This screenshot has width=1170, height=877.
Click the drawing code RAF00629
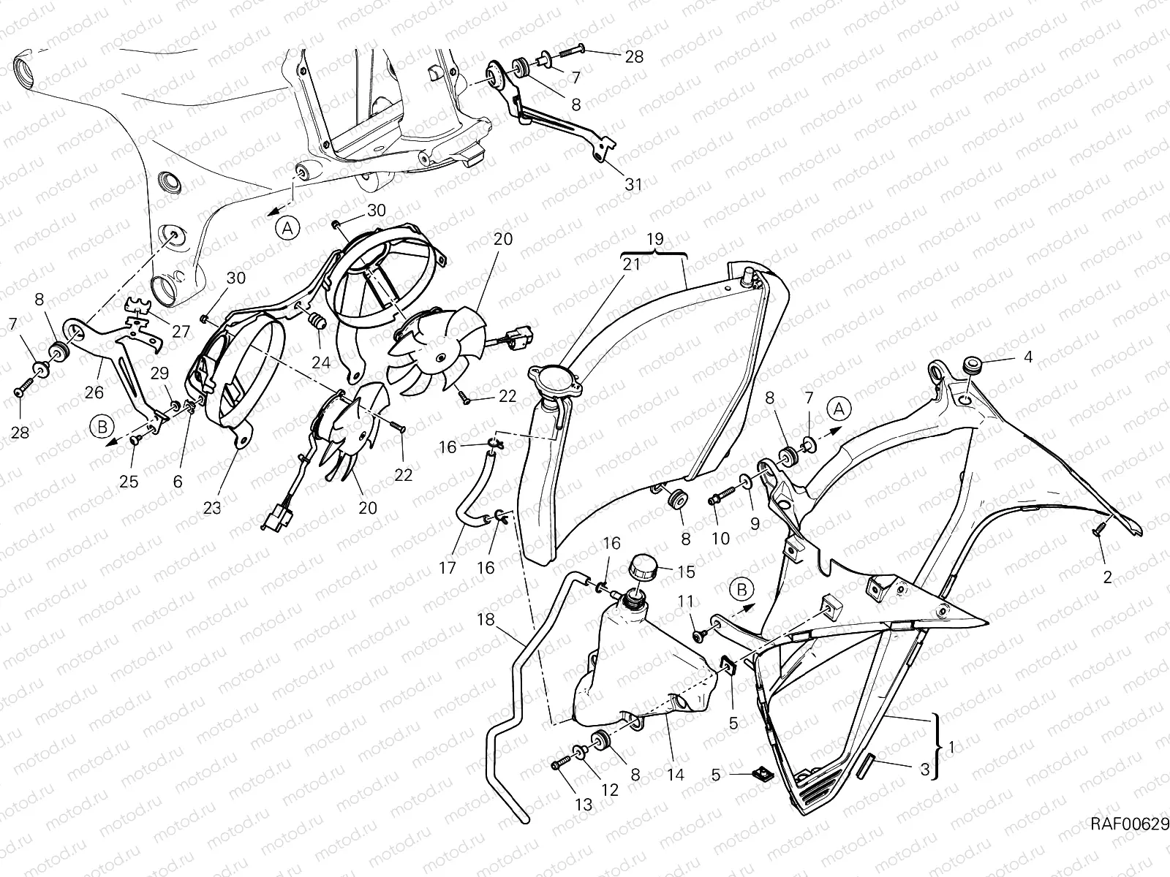tap(1130, 839)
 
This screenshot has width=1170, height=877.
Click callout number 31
tap(633, 185)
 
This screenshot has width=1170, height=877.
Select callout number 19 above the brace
tap(655, 239)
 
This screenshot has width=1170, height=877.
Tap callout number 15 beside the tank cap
tap(686, 572)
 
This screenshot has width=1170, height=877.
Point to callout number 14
tap(676, 774)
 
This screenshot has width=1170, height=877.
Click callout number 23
tap(212, 508)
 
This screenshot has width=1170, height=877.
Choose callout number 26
tap(94, 392)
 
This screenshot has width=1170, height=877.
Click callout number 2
tap(1107, 577)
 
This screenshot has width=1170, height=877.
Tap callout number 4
tap(1027, 357)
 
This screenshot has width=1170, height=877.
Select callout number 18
tap(486, 619)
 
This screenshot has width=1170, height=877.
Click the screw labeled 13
tap(559, 765)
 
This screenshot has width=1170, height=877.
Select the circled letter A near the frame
tap(287, 229)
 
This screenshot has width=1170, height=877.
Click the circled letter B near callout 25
tap(102, 427)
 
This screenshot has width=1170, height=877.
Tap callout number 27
tap(181, 331)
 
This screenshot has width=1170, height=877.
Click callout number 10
tap(721, 539)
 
